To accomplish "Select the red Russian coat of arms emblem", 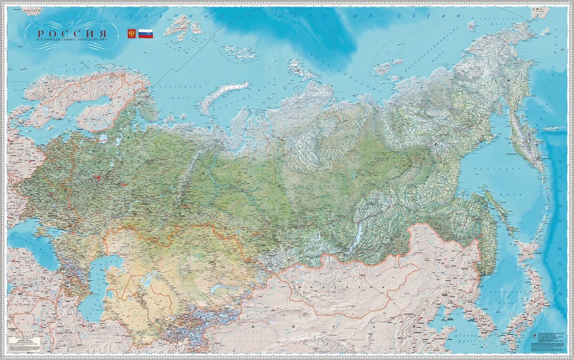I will point(131,34).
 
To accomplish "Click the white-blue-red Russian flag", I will point(145,34).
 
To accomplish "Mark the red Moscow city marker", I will point(98,178).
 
